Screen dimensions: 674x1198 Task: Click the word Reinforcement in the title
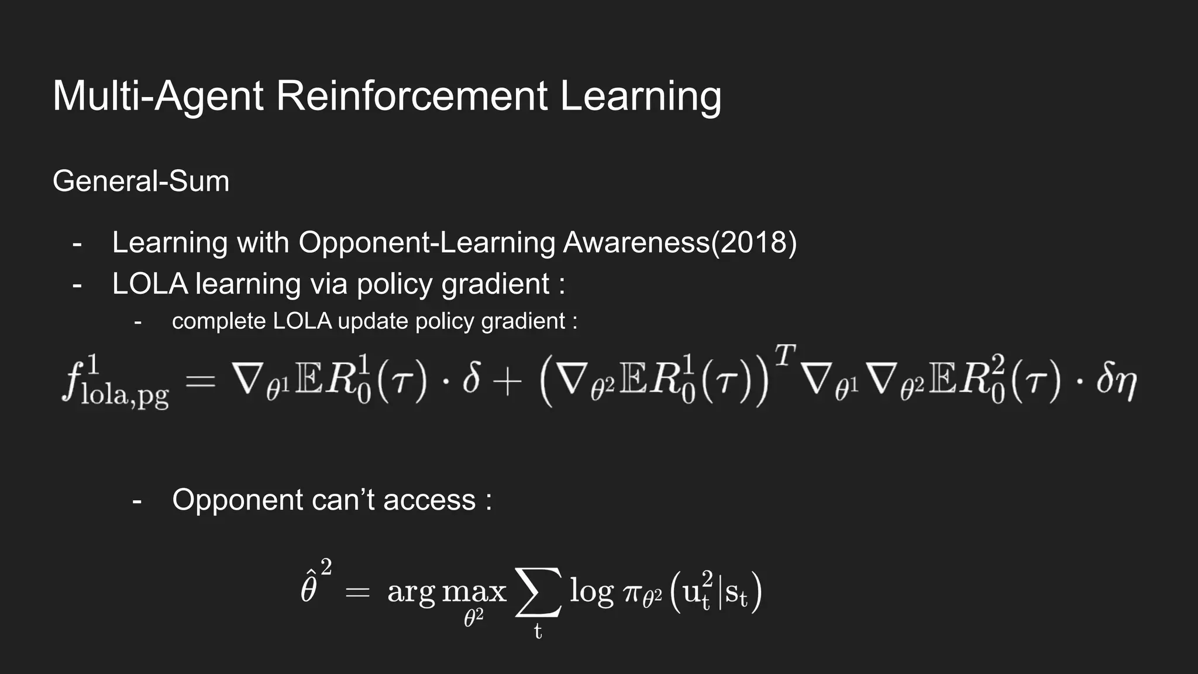(x=412, y=95)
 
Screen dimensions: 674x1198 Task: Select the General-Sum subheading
(x=141, y=181)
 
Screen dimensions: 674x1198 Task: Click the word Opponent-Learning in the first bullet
(x=427, y=242)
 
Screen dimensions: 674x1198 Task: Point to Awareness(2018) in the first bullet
(x=680, y=242)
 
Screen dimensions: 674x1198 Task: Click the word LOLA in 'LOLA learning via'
(x=150, y=284)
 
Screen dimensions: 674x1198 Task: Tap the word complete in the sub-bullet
(x=219, y=321)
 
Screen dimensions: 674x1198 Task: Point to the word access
(x=429, y=500)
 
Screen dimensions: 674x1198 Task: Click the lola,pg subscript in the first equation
(x=125, y=396)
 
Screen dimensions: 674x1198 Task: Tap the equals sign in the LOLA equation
(x=201, y=383)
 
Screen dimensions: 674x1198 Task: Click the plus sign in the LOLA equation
(x=507, y=383)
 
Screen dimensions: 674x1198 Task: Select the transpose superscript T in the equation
(x=785, y=355)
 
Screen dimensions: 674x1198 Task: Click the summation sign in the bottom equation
(x=538, y=592)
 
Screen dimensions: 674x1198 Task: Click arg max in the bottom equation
(x=446, y=592)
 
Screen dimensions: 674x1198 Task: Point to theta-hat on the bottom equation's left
(x=309, y=588)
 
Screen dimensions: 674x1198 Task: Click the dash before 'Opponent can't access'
(x=137, y=501)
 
